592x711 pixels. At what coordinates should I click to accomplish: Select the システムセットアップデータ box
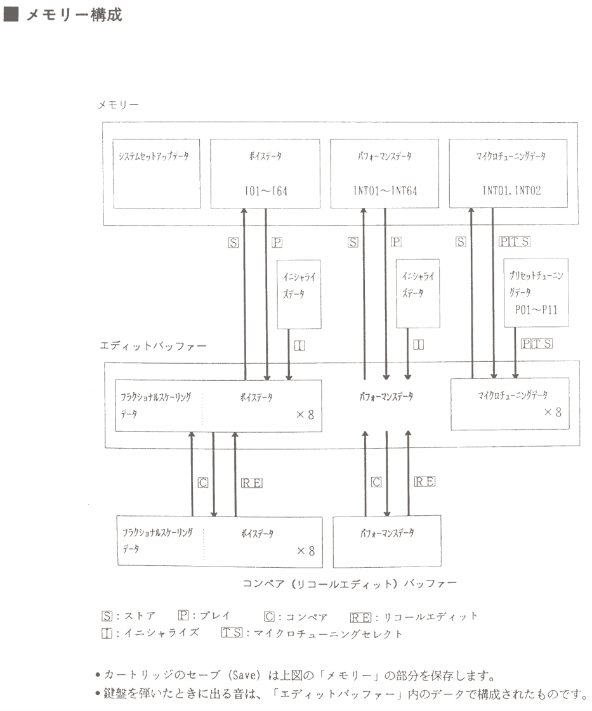click(x=157, y=173)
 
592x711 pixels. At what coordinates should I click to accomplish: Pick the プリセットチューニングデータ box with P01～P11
click(x=537, y=292)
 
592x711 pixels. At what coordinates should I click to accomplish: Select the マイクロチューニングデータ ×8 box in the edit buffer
click(x=510, y=404)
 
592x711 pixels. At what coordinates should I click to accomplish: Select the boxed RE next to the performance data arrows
click(x=424, y=482)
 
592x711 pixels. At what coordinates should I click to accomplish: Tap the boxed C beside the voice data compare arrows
click(x=203, y=482)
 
